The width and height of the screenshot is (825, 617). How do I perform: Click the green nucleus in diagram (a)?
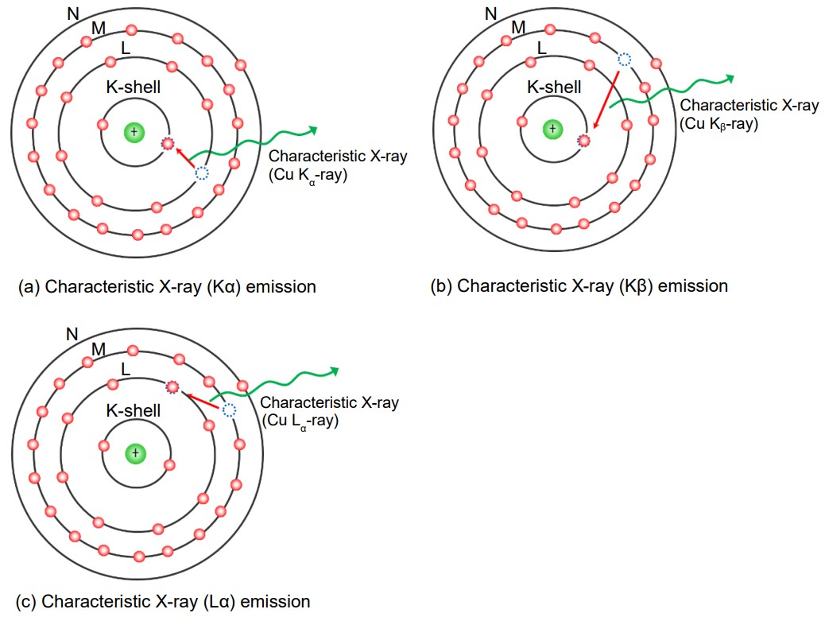pos(134,131)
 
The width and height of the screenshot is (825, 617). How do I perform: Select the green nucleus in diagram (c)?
pos(135,452)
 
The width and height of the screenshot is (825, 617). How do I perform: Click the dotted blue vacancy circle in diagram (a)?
pos(202,173)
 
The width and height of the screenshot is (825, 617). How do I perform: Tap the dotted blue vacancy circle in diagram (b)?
pos(625,59)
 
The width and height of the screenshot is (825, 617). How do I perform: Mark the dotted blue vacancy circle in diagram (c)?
pos(229,410)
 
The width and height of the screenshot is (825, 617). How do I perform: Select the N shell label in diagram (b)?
pos(490,12)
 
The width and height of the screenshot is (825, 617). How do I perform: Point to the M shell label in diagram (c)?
pos(99,349)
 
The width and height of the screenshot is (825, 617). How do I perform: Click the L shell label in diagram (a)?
pos(126,49)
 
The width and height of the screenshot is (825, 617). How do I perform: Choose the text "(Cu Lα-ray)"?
pos(300,421)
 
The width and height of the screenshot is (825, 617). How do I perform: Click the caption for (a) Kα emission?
pos(167,286)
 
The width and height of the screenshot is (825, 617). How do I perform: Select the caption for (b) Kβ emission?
pos(579,286)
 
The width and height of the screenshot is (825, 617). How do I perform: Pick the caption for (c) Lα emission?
pos(164,601)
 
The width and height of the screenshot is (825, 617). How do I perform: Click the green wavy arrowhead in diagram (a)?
pos(314,130)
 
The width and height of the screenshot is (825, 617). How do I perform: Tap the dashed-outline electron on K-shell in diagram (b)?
pos(584,140)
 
